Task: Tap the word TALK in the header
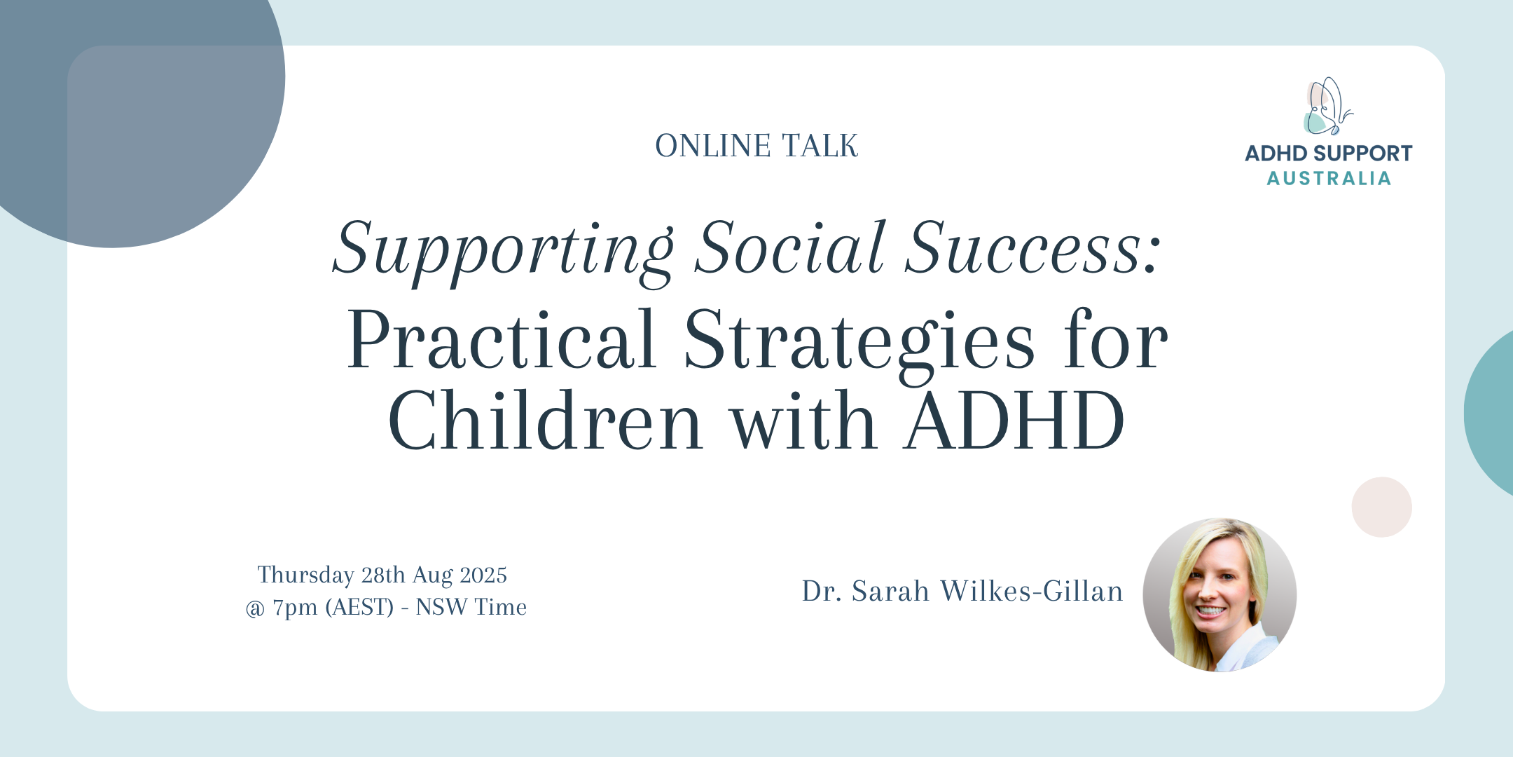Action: tap(820, 146)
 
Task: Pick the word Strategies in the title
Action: tap(859, 343)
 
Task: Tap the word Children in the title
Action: tap(546, 420)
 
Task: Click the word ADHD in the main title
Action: tap(1015, 421)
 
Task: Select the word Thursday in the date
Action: tap(305, 575)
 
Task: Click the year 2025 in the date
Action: tap(483, 575)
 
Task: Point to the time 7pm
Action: tap(295, 608)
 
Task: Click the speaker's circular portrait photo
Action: tap(1220, 595)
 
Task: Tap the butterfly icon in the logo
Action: tap(1326, 106)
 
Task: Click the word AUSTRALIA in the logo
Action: tap(1329, 179)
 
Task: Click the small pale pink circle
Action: tap(1381, 507)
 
